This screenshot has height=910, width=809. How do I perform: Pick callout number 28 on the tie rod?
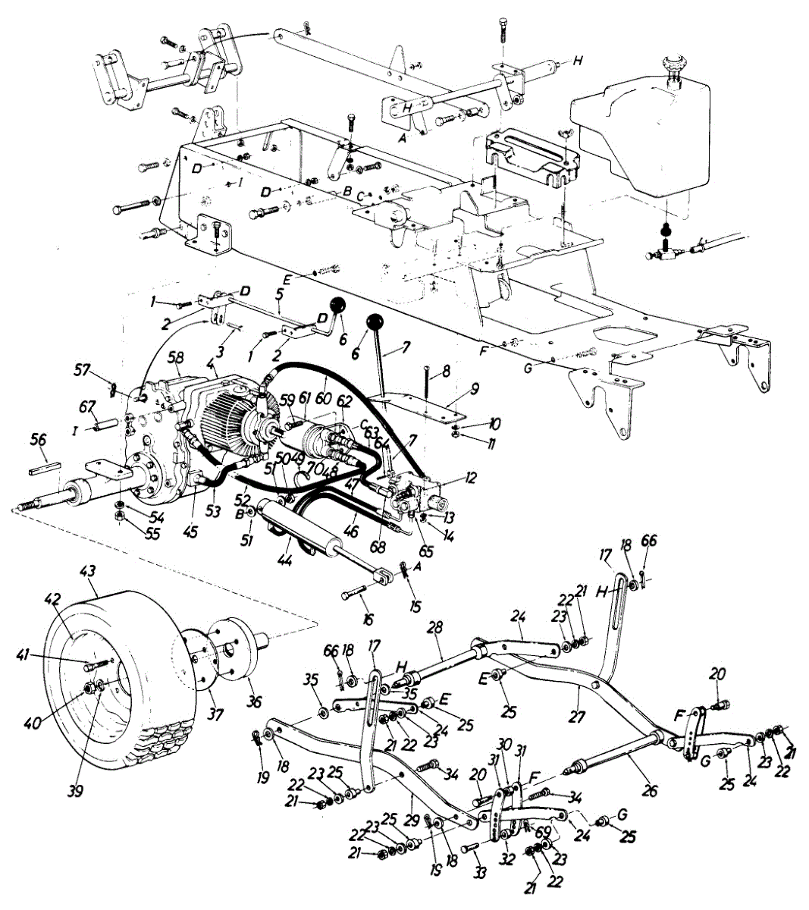[x=436, y=628]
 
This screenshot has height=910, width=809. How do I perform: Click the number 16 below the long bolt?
[x=368, y=619]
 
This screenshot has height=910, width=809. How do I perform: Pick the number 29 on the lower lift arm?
[x=409, y=799]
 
